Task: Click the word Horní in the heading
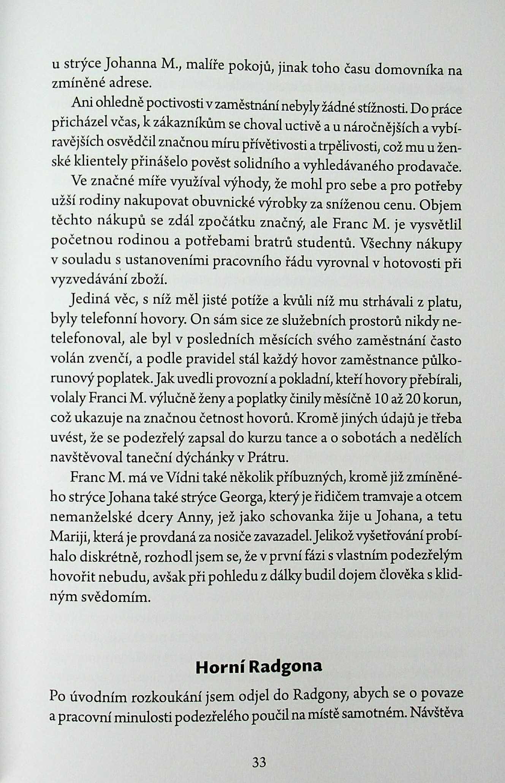(218, 667)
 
